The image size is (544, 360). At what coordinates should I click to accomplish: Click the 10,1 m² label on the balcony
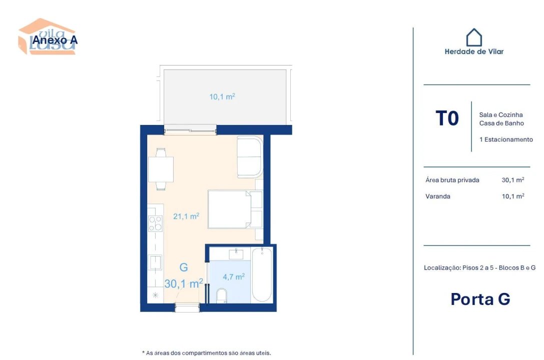[222, 96]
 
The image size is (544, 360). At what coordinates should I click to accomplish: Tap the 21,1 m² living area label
[186, 216]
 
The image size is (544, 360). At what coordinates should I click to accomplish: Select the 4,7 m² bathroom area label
[233, 276]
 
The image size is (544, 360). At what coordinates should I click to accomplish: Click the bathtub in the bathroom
[262, 275]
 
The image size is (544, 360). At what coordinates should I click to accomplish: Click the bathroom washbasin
[236, 254]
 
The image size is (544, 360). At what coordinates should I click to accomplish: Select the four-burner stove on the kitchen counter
[156, 223]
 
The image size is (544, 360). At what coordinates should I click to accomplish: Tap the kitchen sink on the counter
[155, 262]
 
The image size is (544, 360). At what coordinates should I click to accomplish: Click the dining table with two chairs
[161, 169]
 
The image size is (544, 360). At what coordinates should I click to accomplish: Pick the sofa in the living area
[249, 156]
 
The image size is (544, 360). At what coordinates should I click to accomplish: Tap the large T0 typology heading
[447, 119]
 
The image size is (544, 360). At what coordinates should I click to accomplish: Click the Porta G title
[480, 299]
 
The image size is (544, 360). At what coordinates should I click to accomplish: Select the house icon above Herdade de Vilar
[474, 37]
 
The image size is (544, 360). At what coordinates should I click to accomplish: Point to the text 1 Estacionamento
[506, 139]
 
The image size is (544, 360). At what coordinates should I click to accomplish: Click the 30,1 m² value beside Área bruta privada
[512, 180]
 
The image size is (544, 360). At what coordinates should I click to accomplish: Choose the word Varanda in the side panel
[438, 196]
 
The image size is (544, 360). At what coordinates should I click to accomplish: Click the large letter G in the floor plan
[184, 267]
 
